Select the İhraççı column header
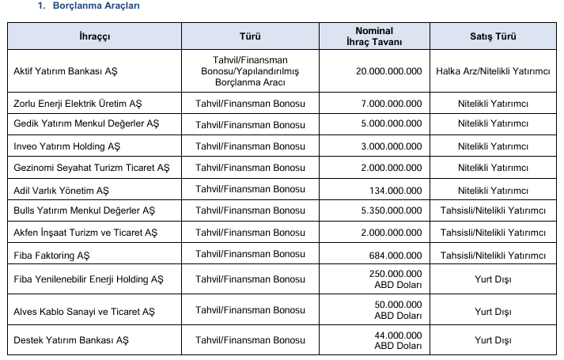94,36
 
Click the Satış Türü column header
492,36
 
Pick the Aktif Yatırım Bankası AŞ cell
66,71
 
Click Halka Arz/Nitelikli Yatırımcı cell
492,71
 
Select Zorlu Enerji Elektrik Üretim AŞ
78,104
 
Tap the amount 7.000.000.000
392,104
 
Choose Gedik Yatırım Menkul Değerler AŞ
86,125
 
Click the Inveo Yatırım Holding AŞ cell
67,146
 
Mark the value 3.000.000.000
392,146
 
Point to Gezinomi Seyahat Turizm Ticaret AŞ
92,169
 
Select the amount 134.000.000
396,191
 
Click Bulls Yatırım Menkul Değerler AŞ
85,211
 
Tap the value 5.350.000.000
392,211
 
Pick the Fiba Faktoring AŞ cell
51,256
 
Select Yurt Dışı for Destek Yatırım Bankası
492,340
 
